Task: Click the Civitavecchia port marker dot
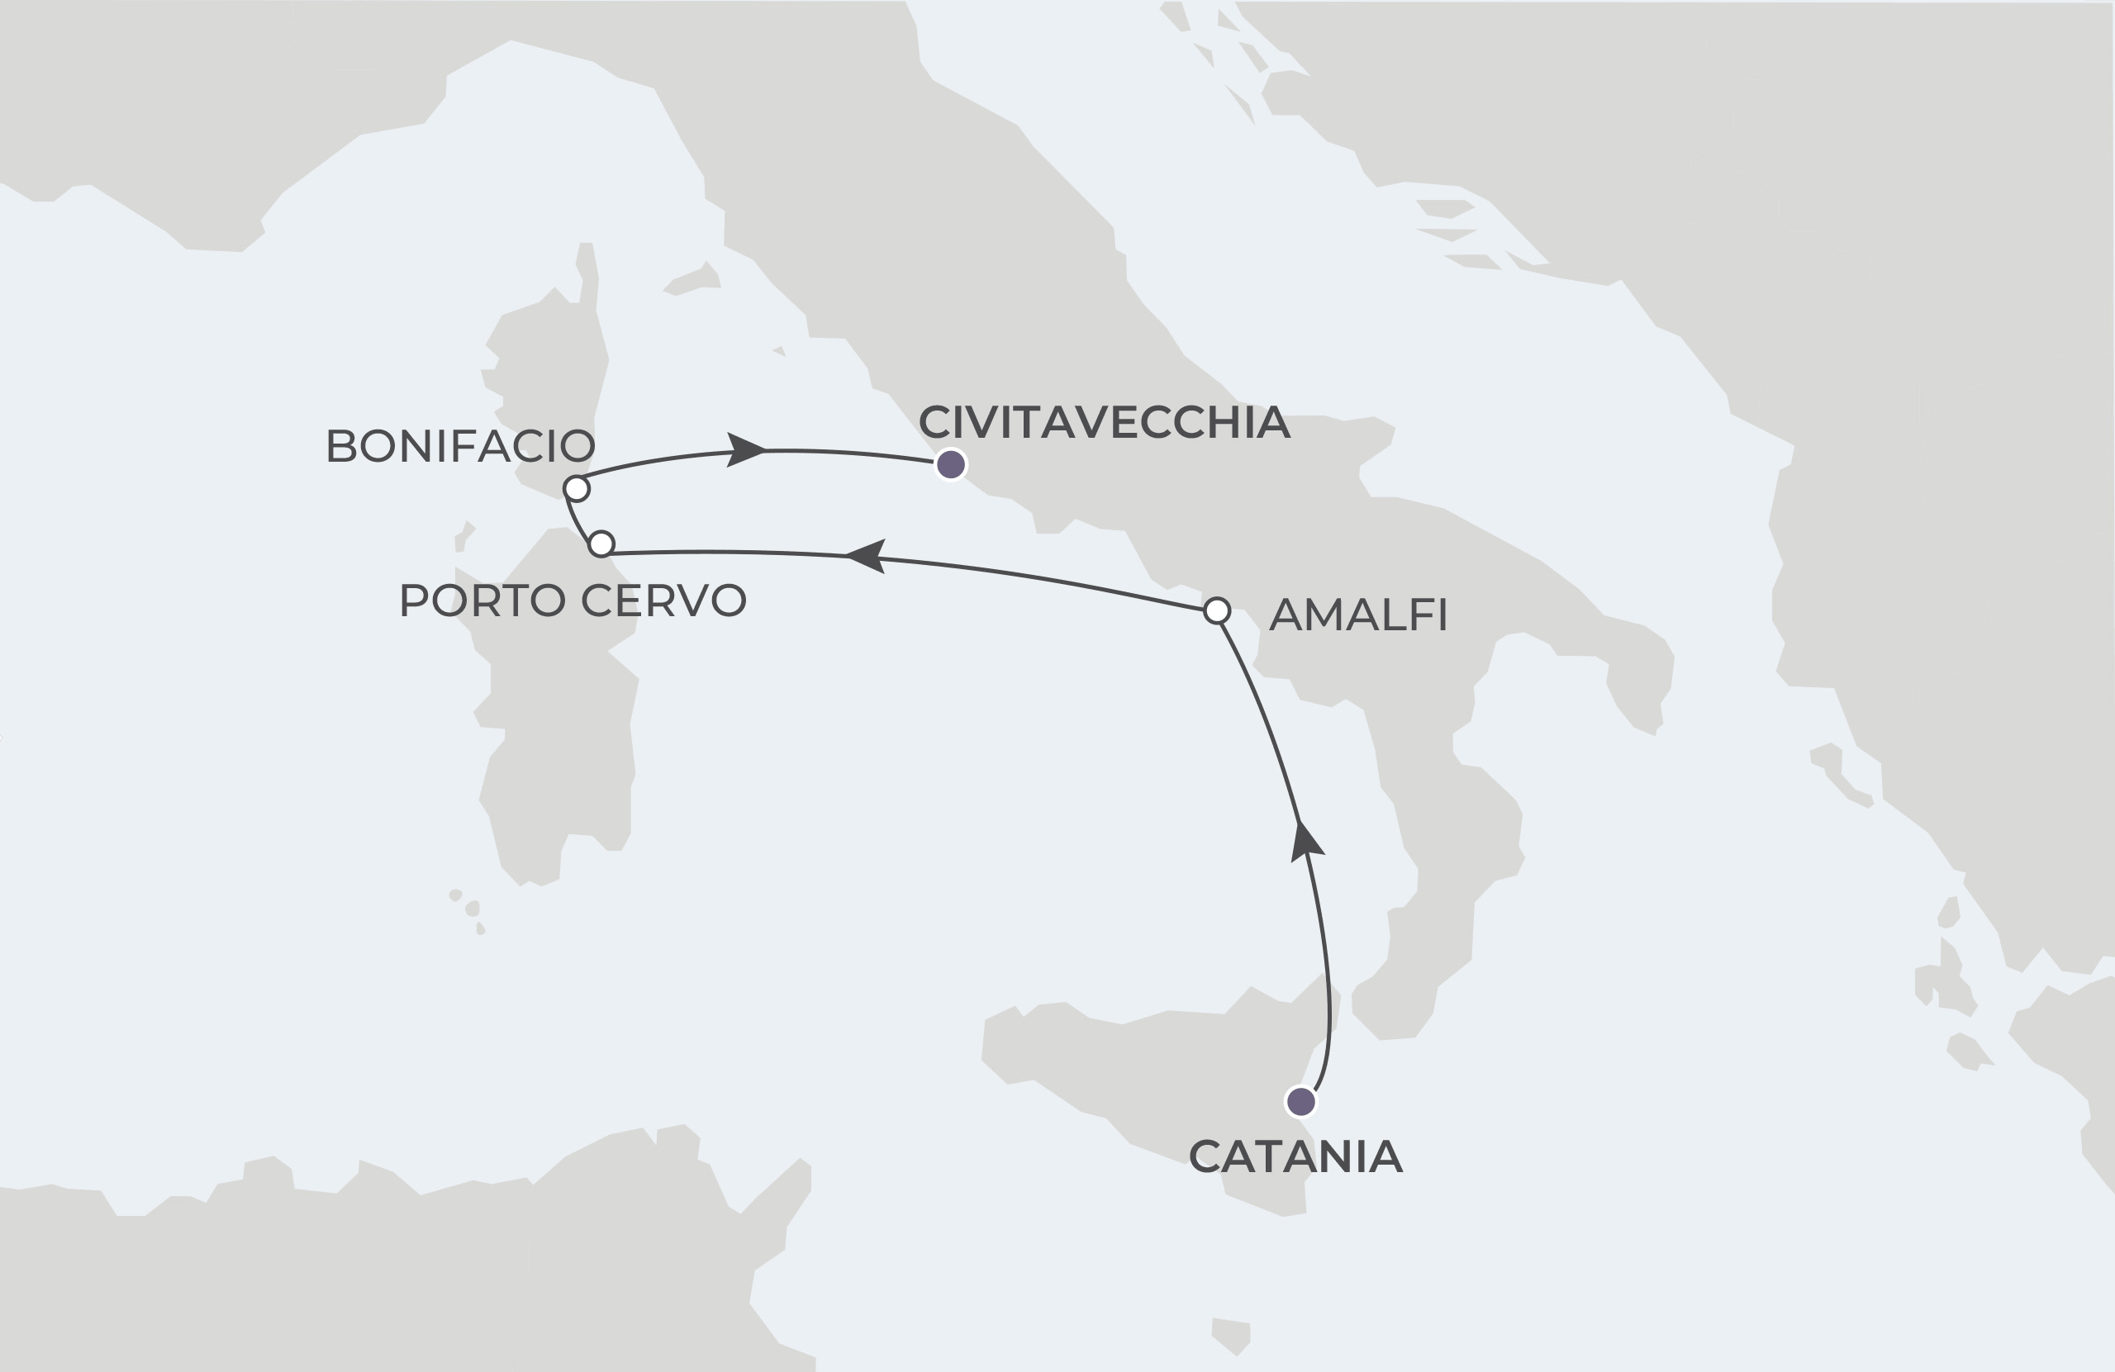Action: pos(951,464)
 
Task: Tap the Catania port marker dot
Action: pos(1301,1102)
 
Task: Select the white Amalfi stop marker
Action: pos(1217,610)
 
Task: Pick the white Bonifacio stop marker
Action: pos(577,488)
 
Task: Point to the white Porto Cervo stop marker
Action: pos(601,543)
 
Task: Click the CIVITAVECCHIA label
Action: pos(1104,422)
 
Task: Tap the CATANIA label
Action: pos(1295,1157)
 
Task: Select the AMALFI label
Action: pos(1358,615)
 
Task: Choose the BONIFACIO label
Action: pos(460,446)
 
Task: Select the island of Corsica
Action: pos(551,373)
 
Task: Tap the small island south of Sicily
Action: pos(1231,1335)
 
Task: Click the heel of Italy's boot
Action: pos(1635,676)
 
